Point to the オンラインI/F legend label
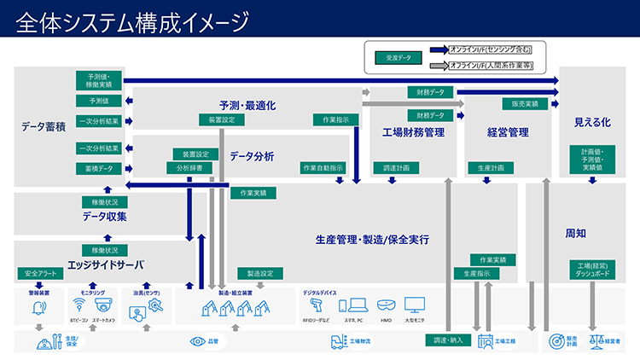tap(501, 49)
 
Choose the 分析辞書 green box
tap(189, 169)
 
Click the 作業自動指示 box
tap(323, 168)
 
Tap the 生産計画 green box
tap(492, 168)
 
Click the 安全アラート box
tap(39, 274)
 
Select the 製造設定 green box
tap(259, 274)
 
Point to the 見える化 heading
tap(592, 123)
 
